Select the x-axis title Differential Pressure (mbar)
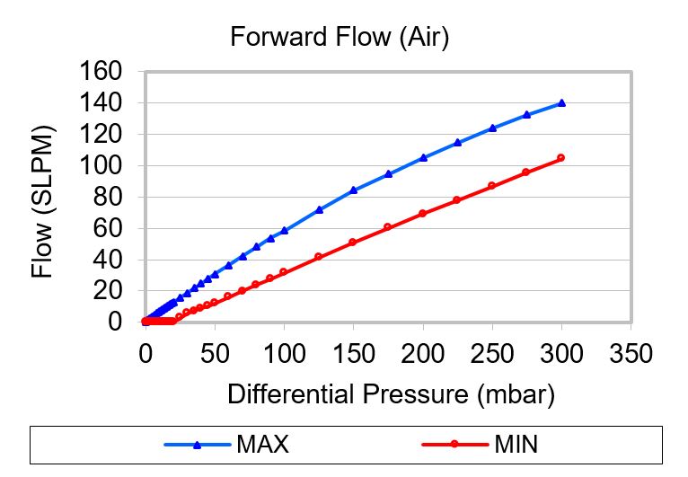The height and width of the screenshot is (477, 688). click(x=391, y=393)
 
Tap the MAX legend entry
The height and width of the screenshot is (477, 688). click(x=262, y=443)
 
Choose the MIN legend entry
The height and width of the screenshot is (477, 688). click(x=516, y=443)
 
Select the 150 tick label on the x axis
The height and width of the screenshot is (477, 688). click(x=353, y=353)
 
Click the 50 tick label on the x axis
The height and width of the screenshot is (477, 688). click(x=215, y=353)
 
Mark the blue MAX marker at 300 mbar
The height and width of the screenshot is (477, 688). click(x=562, y=103)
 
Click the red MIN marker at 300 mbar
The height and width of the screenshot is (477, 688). click(x=561, y=158)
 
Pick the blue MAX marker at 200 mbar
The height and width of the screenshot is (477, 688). click(x=423, y=157)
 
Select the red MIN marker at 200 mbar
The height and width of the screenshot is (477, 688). click(x=423, y=213)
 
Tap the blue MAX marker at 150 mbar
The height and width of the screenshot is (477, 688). click(x=353, y=190)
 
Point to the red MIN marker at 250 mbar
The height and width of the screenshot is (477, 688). click(x=492, y=185)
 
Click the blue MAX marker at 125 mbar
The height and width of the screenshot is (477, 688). click(x=319, y=209)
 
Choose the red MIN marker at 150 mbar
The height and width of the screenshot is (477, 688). click(x=353, y=243)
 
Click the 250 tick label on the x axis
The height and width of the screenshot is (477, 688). click(x=492, y=353)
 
